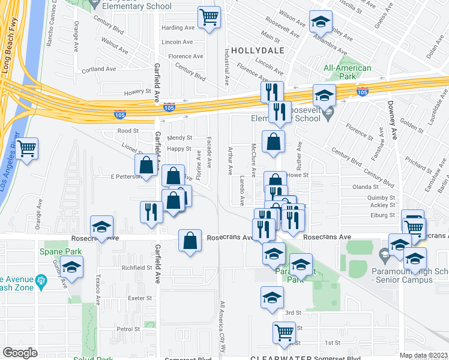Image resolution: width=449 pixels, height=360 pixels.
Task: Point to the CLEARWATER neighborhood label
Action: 278,357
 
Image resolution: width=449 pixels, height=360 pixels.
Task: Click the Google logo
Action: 20,353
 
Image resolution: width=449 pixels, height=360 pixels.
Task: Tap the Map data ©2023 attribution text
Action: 423,355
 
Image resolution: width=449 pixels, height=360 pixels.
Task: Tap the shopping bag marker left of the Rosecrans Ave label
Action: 190,241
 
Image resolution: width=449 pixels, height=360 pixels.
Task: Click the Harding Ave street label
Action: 178,28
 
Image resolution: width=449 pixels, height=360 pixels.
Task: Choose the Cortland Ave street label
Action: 100,69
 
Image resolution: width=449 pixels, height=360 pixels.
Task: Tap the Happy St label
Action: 179,149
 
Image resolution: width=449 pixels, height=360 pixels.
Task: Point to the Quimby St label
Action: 382,197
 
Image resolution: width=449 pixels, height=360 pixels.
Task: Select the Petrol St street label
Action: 128,329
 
